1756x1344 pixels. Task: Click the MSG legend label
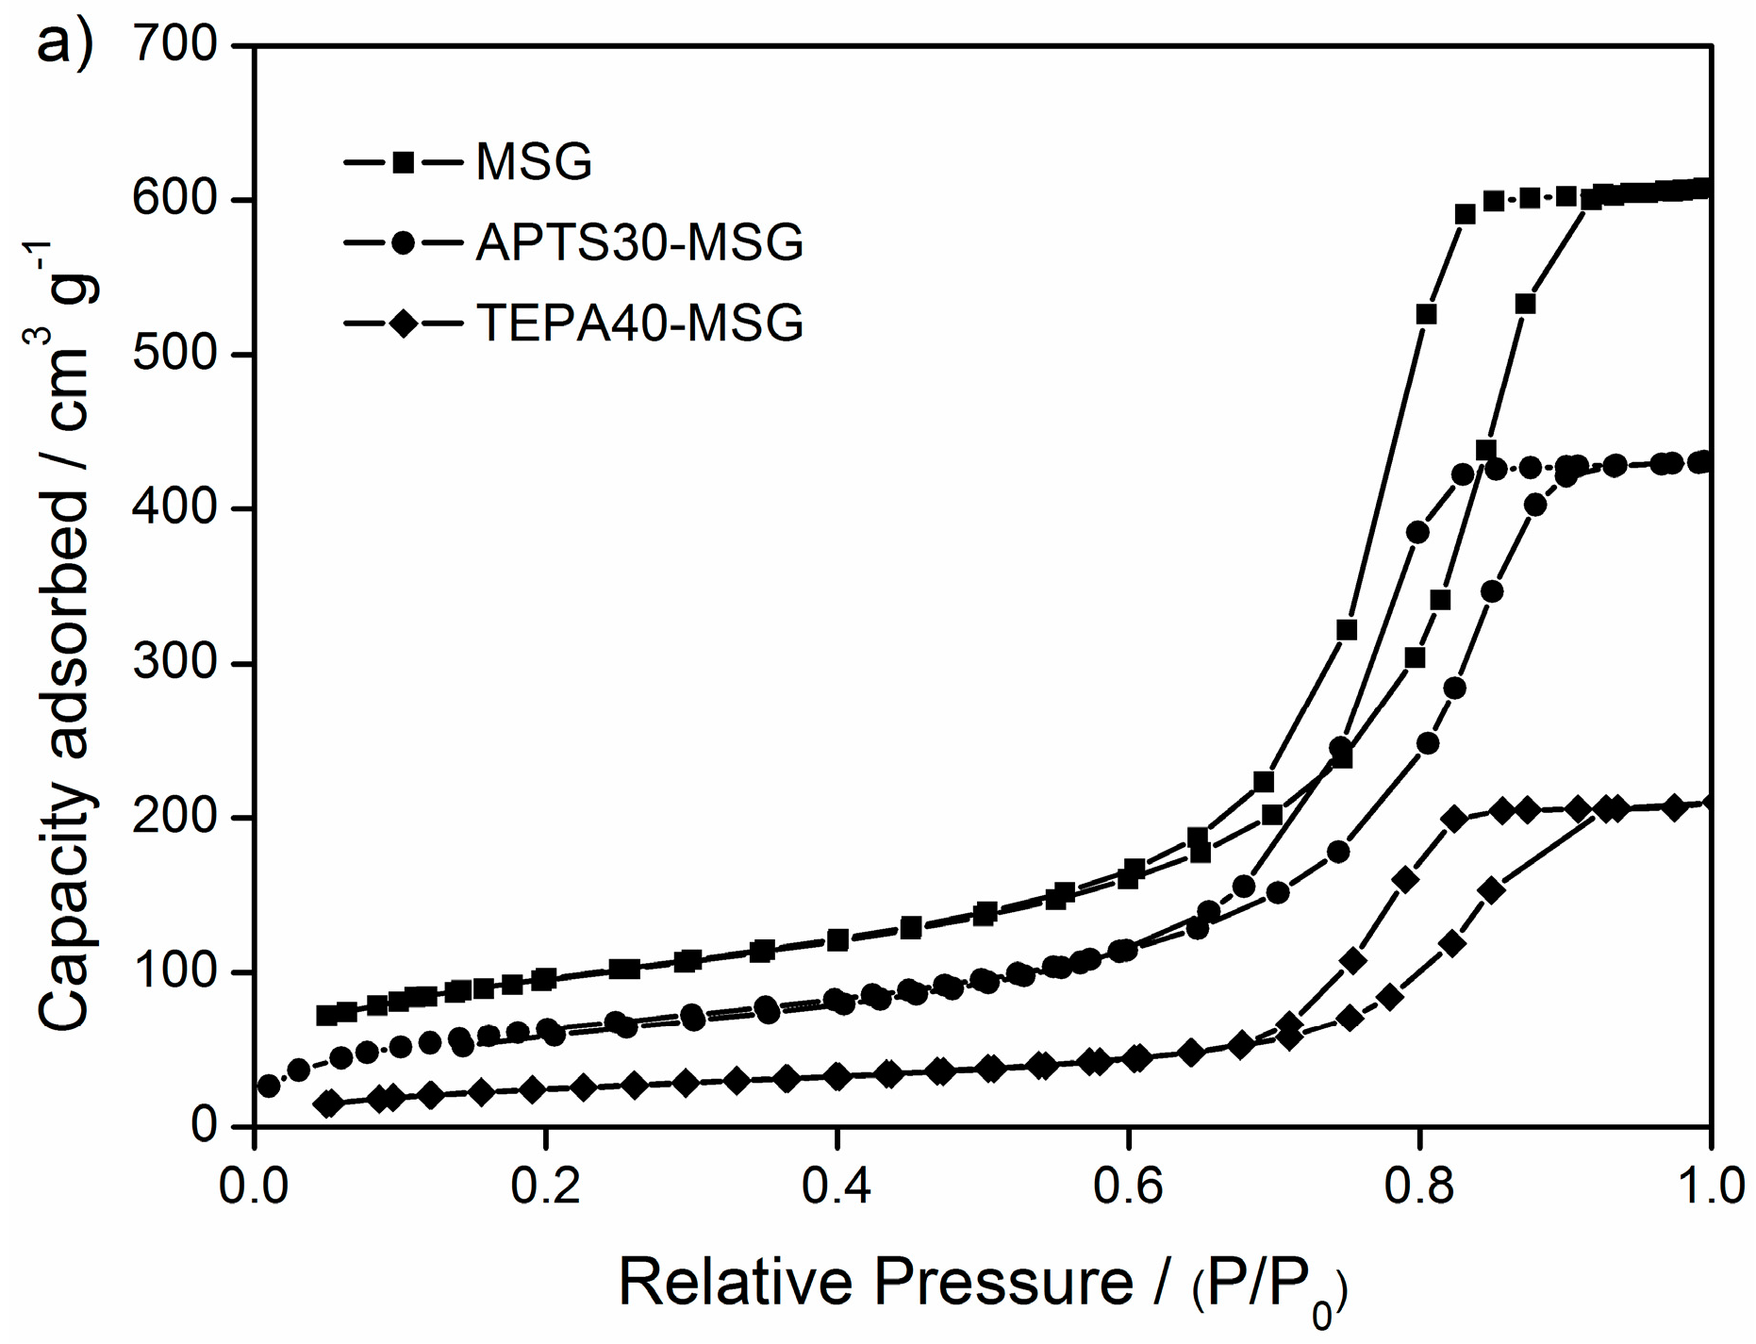click(534, 162)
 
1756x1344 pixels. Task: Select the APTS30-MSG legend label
click(639, 243)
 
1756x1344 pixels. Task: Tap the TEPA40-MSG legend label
click(639, 324)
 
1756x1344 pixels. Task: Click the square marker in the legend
click(404, 162)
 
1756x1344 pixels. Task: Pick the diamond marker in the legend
click(404, 324)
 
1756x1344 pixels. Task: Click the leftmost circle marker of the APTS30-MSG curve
click(269, 1086)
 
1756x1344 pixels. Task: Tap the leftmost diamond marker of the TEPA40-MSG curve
click(328, 1103)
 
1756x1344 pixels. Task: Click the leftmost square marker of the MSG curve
click(326, 1016)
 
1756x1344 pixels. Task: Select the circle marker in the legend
click(404, 243)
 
